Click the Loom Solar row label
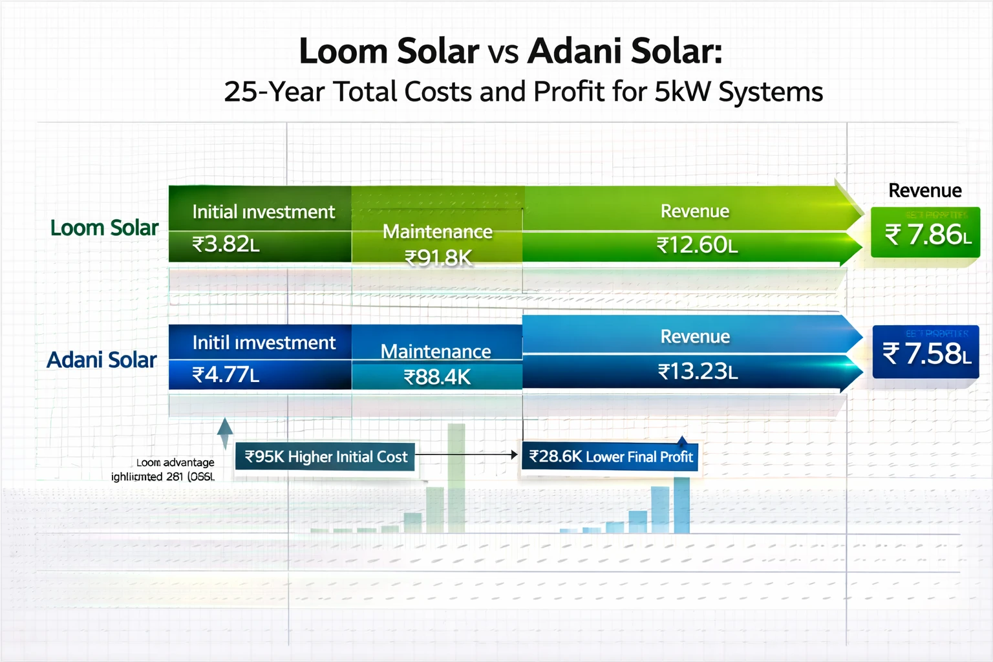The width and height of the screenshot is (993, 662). coord(104,228)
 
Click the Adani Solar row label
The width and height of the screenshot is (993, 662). coord(101,360)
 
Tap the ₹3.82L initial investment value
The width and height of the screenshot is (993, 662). coord(226,244)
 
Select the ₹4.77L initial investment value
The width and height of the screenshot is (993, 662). coord(226,375)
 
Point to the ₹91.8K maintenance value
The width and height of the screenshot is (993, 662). coord(438,258)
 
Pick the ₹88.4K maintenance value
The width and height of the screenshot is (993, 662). coord(437,377)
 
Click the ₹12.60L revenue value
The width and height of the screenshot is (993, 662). coord(697,246)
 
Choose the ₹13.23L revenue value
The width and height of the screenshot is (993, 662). coord(698,372)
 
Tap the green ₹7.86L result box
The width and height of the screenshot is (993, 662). coord(925,233)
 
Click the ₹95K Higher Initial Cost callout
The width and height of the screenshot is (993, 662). coord(325,456)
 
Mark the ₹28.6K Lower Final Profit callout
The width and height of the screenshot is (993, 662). coord(610,456)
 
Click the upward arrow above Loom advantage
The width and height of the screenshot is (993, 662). coord(225,432)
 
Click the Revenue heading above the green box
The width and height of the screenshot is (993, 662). coord(924,191)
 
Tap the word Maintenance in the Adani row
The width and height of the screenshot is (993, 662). coord(436,351)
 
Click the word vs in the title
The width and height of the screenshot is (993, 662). coord(503,52)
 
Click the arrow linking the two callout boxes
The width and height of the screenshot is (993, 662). coord(467,455)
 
